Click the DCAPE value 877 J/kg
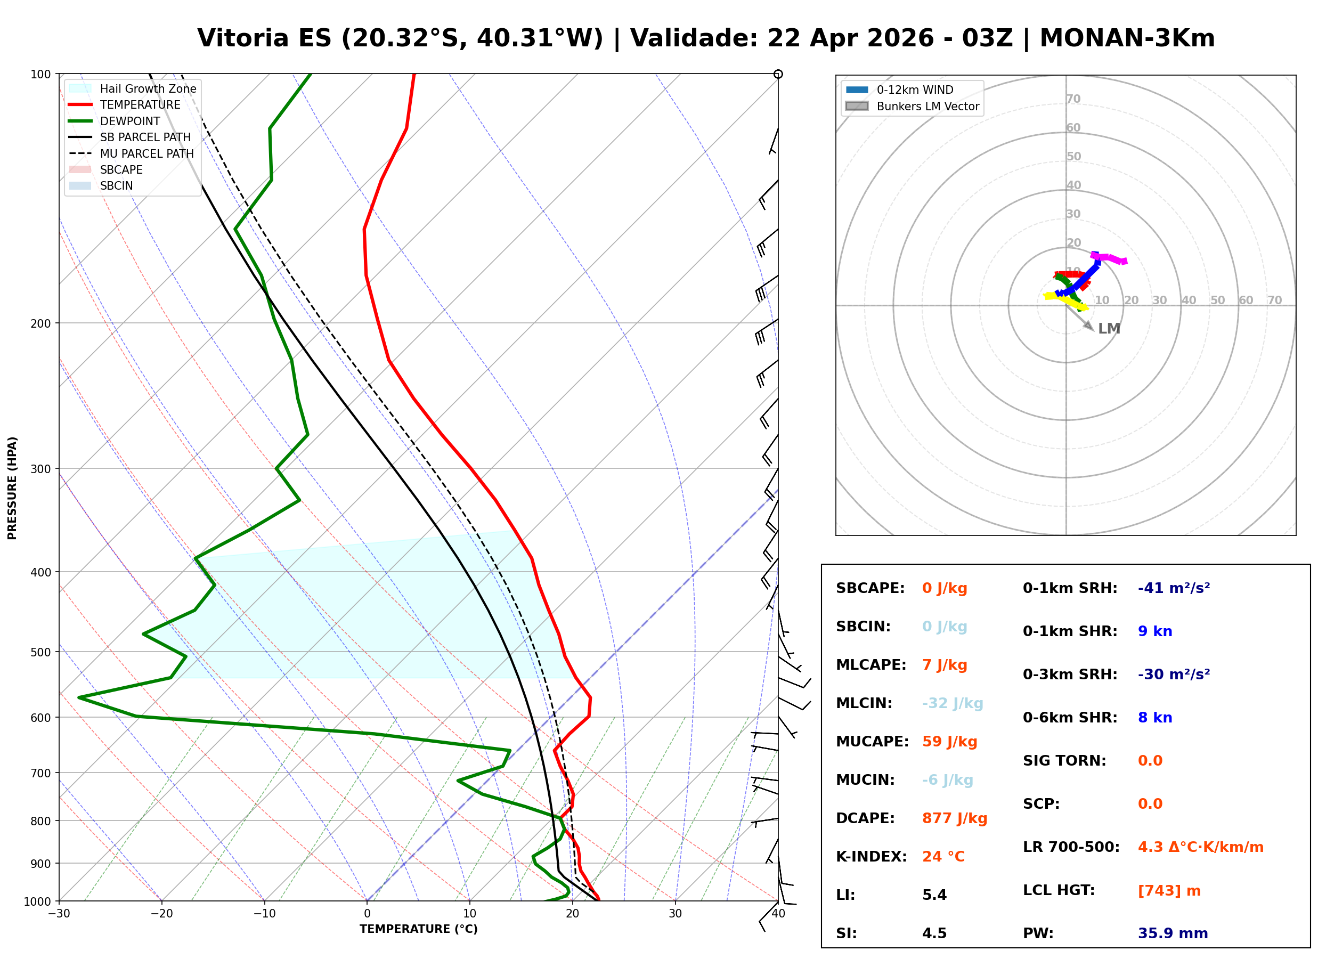[954, 818]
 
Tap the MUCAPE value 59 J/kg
[949, 741]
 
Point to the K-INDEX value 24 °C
[943, 856]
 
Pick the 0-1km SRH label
[1070, 588]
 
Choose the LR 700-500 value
[1200, 847]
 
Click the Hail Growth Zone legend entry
[148, 88]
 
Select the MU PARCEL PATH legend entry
[147, 153]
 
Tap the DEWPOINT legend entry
[130, 121]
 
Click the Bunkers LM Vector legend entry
[927, 106]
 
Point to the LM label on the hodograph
[1109, 328]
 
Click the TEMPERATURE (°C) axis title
[418, 929]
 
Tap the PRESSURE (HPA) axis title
[12, 488]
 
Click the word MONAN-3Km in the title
[1127, 38]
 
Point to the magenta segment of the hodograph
[1109, 258]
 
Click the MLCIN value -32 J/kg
[952, 703]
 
